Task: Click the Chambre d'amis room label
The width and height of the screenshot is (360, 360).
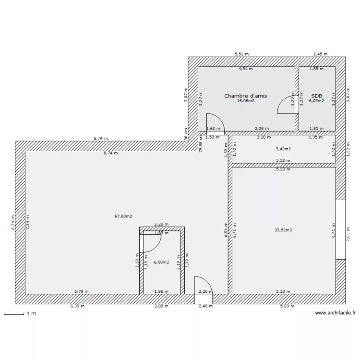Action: (x=245, y=96)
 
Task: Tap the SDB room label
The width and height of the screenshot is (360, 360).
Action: (x=316, y=96)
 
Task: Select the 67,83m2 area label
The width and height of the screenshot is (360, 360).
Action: (x=123, y=216)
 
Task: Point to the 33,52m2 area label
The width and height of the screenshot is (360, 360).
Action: (x=283, y=230)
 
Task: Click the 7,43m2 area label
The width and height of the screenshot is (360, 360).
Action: (x=283, y=149)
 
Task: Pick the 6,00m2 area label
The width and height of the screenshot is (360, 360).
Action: (x=161, y=262)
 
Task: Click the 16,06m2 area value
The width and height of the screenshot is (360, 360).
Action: (x=245, y=101)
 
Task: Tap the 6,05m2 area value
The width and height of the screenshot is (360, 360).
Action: (x=316, y=101)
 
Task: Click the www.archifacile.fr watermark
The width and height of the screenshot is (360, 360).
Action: (x=336, y=313)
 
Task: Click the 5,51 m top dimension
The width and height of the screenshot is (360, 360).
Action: (x=241, y=54)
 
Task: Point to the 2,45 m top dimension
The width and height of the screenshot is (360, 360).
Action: (x=320, y=54)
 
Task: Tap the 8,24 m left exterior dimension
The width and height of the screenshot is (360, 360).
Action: (x=13, y=222)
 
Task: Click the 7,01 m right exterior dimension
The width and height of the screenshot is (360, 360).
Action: (x=348, y=235)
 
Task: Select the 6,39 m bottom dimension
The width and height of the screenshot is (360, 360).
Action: (x=77, y=306)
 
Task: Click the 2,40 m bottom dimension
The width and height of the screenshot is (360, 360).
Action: (x=205, y=306)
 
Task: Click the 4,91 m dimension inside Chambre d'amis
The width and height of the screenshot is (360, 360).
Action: (x=246, y=69)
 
